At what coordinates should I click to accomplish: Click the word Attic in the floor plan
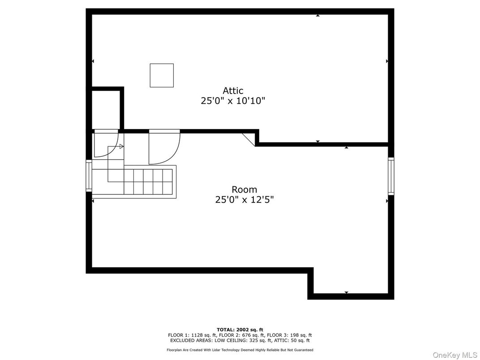coord(233,90)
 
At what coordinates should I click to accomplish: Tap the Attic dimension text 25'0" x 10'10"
coord(233,101)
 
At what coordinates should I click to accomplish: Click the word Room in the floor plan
coord(244,189)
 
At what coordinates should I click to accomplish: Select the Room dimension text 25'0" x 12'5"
coord(244,200)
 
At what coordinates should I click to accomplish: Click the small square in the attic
coord(162,75)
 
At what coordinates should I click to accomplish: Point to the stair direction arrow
coord(121,146)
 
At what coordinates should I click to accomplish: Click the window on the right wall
coord(391,176)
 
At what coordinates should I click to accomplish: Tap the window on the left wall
coord(89,176)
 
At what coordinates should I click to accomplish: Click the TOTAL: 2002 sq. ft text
coord(240,330)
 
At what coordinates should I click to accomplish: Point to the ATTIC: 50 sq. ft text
coord(295,340)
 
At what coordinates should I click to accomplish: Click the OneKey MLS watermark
coord(455,355)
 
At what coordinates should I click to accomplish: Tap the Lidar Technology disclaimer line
coord(240,350)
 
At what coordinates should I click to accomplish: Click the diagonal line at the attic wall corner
coord(249,139)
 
